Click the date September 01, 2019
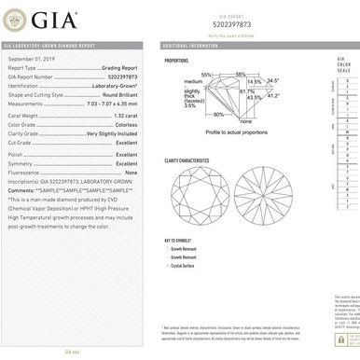tap(31, 56)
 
